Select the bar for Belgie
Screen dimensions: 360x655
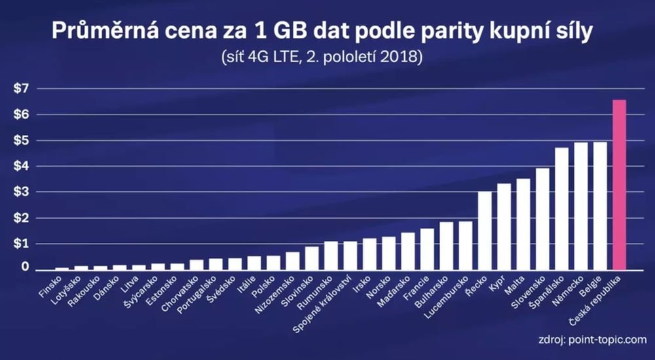click(600, 206)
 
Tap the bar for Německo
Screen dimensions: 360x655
click(581, 206)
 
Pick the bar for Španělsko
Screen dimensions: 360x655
click(561, 209)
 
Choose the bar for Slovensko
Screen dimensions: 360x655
click(542, 219)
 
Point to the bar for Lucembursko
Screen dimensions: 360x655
click(466, 245)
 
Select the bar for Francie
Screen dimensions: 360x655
click(427, 249)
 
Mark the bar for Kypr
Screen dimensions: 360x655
click(504, 226)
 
